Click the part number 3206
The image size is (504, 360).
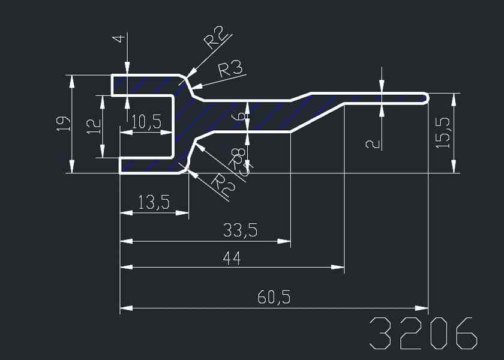[x=424, y=333]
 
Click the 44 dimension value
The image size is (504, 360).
[x=232, y=259]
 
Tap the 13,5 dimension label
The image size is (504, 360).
[x=154, y=202]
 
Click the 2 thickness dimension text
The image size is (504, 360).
[x=373, y=143]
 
